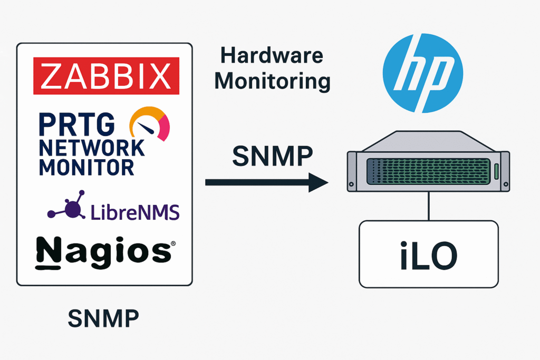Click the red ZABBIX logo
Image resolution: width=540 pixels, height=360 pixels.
click(106, 75)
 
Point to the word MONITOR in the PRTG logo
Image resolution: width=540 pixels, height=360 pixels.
click(79, 167)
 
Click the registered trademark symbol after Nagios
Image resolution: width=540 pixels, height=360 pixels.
click(172, 244)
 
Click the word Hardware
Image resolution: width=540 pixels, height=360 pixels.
click(272, 56)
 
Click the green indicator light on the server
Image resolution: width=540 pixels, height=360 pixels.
click(497, 171)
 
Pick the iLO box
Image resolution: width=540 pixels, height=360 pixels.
click(428, 254)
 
